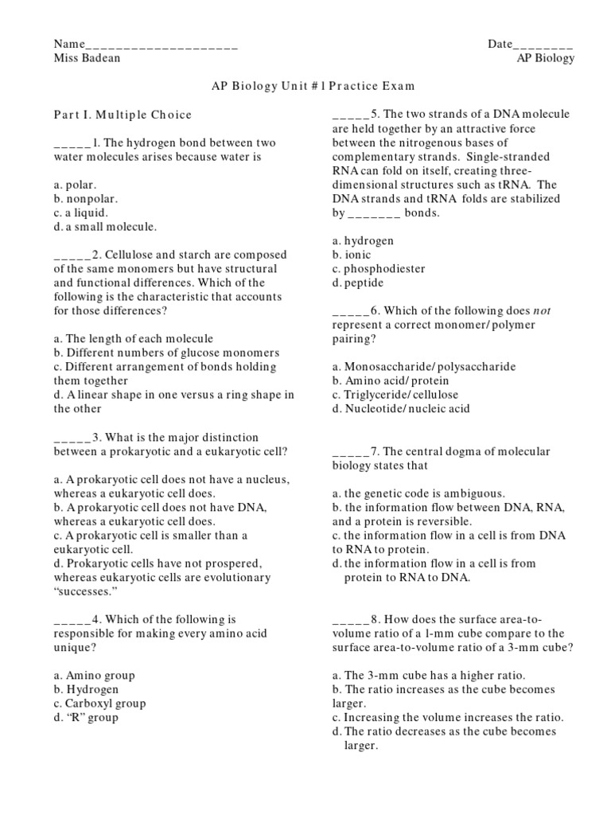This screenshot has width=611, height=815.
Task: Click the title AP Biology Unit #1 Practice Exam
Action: (305, 86)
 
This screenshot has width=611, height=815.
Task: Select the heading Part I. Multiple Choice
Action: (123, 115)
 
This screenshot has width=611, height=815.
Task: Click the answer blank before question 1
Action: (72, 144)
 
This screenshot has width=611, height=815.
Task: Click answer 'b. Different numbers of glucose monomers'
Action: (166, 353)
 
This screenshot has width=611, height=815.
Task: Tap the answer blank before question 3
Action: (72, 437)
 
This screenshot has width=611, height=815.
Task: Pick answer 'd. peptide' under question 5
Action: (358, 283)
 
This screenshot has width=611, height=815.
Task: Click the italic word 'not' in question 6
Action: (541, 311)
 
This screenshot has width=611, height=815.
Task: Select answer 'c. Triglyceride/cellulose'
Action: (395, 395)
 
